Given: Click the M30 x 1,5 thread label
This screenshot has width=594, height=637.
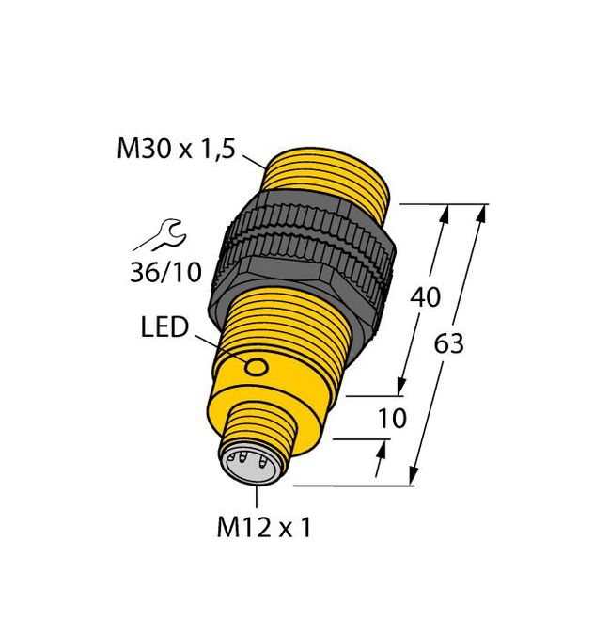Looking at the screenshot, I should [x=174, y=149].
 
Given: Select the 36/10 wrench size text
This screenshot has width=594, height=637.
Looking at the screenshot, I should [x=164, y=273].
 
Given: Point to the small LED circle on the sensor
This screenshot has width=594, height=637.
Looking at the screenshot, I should [x=255, y=369].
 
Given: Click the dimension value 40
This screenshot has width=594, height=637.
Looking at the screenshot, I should [x=427, y=298].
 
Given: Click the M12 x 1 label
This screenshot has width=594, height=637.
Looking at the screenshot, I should [x=264, y=528].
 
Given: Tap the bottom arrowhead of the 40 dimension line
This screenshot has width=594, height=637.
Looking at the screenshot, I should [x=403, y=386].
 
